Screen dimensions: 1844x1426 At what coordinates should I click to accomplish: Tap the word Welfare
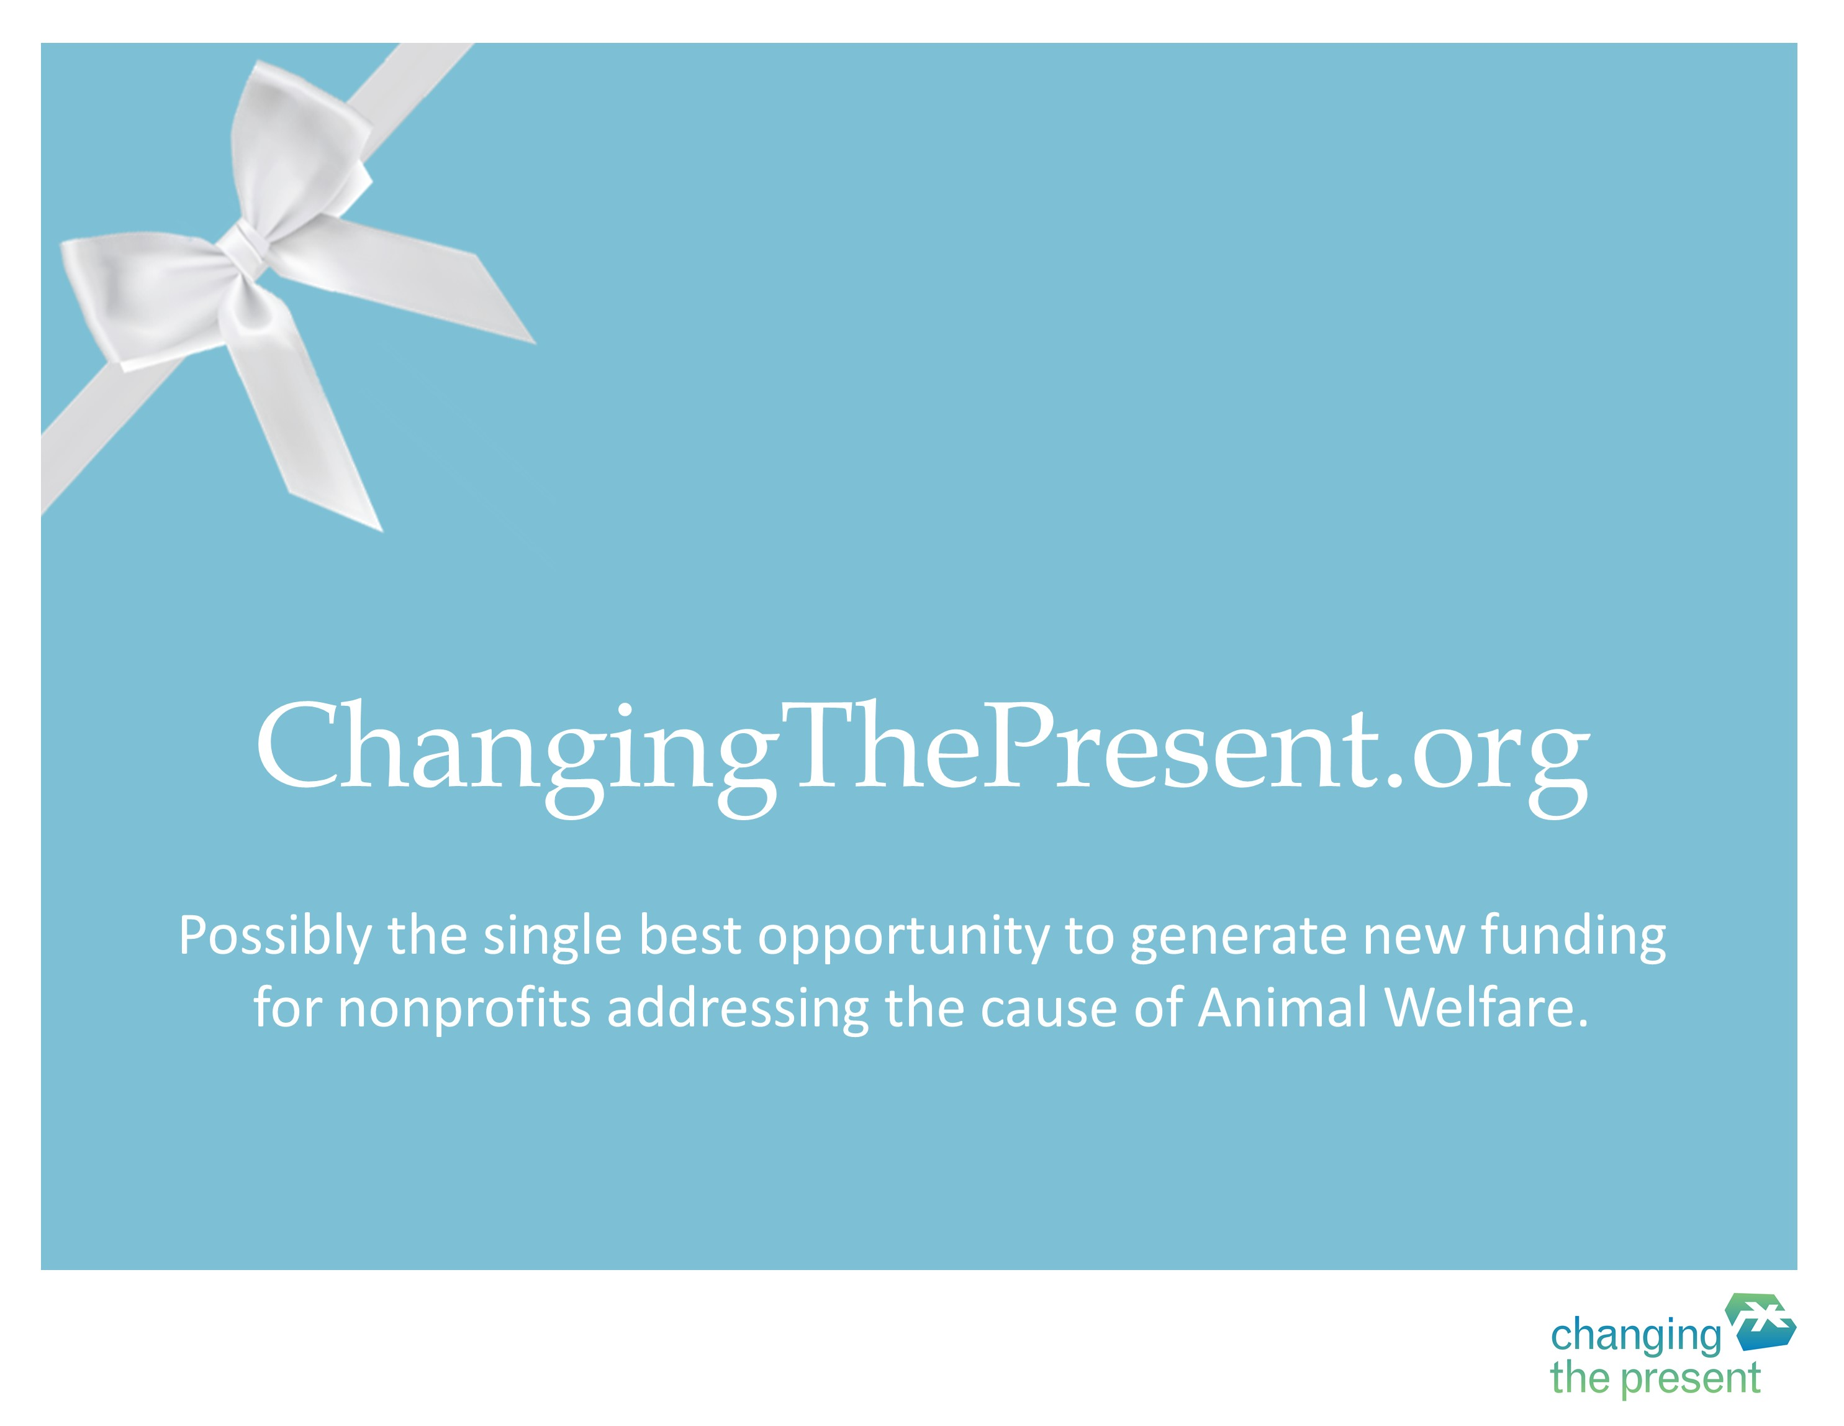point(1487,1008)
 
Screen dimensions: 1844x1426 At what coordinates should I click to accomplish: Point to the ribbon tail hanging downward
point(308,406)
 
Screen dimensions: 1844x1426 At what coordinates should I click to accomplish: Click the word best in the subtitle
point(689,935)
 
